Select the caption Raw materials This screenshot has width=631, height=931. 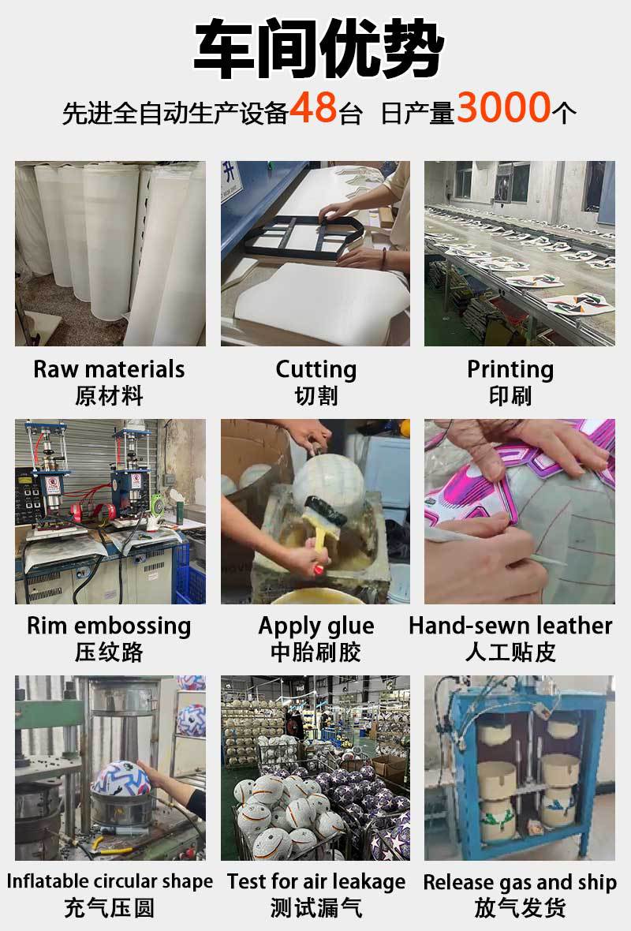tap(109, 368)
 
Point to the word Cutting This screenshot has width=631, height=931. tap(315, 369)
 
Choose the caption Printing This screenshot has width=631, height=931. tap(510, 369)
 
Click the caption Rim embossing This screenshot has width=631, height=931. tap(109, 626)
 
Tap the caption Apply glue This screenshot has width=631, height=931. tap(315, 626)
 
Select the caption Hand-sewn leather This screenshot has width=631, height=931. tap(510, 625)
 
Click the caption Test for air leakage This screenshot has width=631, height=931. tap(316, 882)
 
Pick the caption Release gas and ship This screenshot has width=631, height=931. tap(520, 882)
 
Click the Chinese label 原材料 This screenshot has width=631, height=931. tap(109, 395)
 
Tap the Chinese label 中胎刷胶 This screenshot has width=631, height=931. tap(315, 652)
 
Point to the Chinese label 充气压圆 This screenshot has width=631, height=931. tap(109, 908)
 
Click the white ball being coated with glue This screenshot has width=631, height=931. tap(328, 482)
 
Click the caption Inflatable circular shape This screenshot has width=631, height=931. tap(110, 881)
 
